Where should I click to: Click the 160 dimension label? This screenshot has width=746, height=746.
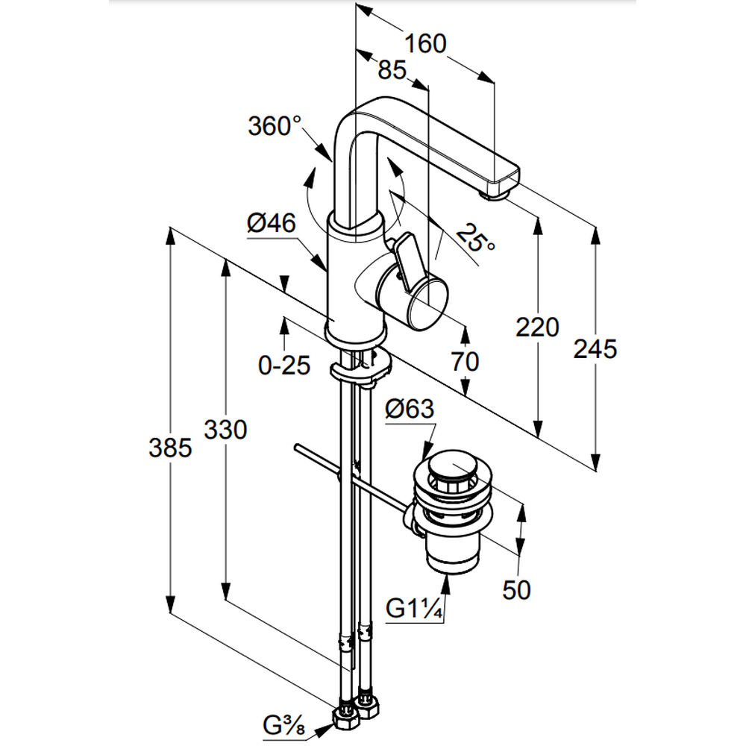click(427, 44)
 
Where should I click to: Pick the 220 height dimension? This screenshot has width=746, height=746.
click(537, 327)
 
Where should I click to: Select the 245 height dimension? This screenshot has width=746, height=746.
click(595, 348)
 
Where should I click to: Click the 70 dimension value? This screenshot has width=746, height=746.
click(464, 362)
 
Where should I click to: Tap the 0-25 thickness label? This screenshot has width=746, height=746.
click(283, 366)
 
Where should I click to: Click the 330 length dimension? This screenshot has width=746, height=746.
click(225, 430)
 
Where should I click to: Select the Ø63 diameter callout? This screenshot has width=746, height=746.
click(410, 409)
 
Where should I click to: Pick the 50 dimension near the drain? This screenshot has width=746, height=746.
click(516, 589)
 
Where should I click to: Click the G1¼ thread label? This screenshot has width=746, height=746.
click(416, 609)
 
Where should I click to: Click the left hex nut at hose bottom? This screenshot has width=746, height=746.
click(345, 718)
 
